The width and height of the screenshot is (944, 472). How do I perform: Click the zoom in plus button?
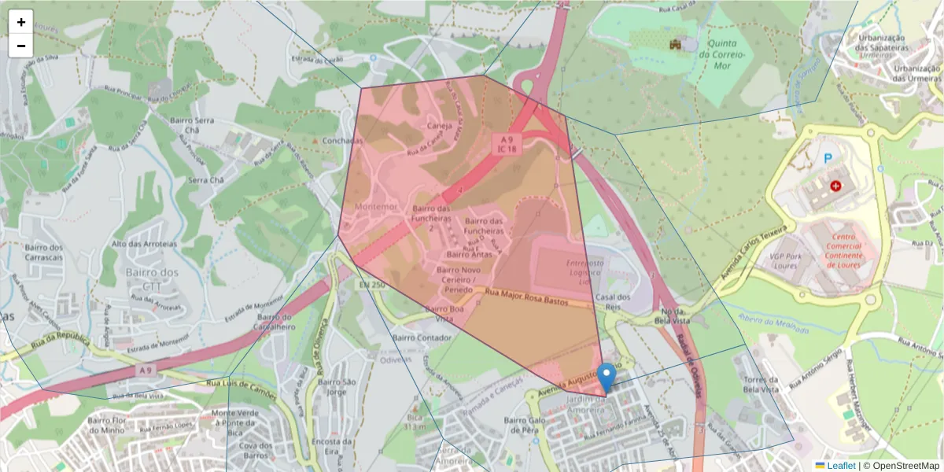pos(21,22)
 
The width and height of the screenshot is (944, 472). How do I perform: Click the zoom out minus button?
pos(21,46)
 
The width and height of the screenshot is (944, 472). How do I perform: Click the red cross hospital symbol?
pos(835,186)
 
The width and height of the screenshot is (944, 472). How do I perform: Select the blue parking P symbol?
pos(828,159)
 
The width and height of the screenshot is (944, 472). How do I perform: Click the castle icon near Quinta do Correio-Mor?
pos(674,45)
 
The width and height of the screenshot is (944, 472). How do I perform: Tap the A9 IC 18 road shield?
pos(506,143)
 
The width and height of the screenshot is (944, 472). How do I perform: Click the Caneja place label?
pos(439,125)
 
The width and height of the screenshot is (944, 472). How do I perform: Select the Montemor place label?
pos(372,208)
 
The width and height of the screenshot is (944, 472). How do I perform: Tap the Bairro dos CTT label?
pos(152,279)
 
